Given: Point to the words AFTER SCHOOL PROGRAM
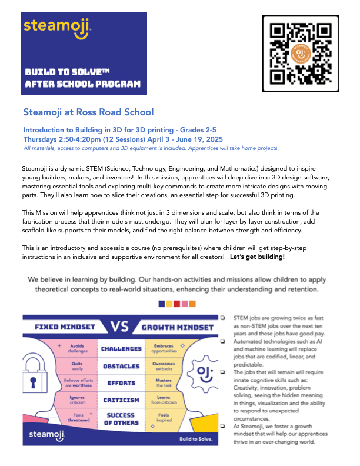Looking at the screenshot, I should [82, 84].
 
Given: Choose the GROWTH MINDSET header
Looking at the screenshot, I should [178, 327].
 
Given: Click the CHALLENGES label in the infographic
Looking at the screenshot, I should [121, 349].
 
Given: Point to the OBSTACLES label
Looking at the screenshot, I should [121, 366].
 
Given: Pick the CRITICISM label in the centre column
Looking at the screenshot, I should [121, 401].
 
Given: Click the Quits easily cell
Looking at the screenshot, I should [77, 366].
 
